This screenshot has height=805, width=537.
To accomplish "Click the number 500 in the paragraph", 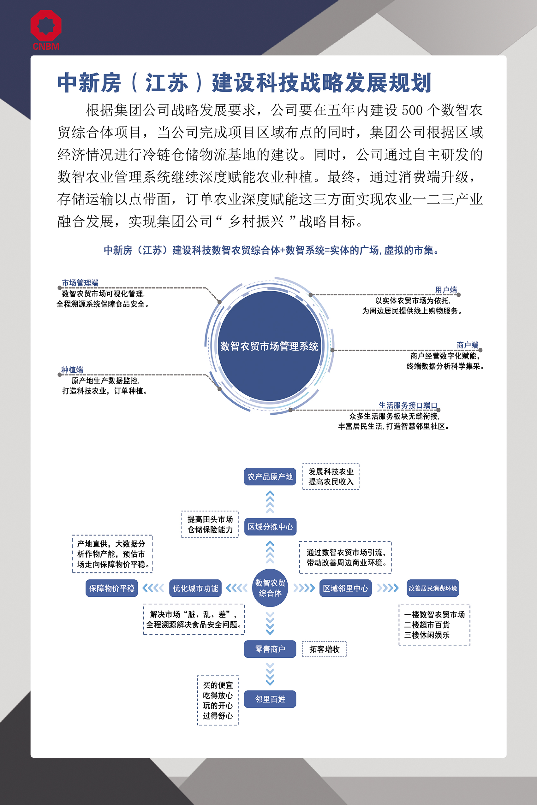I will [x=412, y=110].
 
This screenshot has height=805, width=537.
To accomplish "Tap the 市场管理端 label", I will [x=80, y=283].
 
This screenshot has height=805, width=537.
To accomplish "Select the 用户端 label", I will [x=445, y=290].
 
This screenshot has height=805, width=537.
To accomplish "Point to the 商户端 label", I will [x=467, y=345].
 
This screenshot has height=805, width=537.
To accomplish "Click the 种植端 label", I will [x=72, y=370].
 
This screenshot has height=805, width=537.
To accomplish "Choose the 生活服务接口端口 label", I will [x=408, y=405].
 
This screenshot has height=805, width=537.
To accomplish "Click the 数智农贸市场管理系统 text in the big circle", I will [x=269, y=346].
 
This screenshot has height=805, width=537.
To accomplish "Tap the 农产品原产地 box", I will [x=270, y=476].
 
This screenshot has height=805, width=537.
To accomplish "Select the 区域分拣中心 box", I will [x=270, y=527].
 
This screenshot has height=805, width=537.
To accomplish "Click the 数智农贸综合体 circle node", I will [x=270, y=588].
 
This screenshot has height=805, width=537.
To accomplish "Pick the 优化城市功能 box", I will [x=195, y=588].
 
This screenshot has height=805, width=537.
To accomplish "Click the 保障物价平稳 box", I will [x=112, y=588].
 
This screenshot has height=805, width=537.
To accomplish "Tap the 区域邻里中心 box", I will [x=345, y=588].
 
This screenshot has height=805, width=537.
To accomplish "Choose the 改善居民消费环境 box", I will [x=433, y=588].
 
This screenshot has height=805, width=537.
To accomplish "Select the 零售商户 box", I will [x=270, y=649].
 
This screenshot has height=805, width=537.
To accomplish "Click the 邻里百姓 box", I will [x=270, y=699].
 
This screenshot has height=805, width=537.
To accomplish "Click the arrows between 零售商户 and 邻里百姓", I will [x=270, y=674].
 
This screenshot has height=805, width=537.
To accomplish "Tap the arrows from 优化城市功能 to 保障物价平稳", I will [x=153, y=588].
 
